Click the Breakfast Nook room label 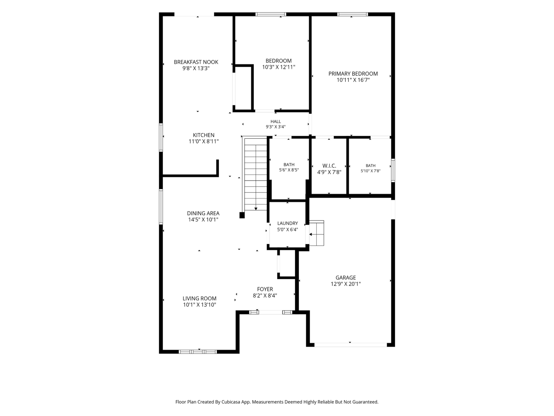[x=196, y=62]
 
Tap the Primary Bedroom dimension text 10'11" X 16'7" [x=353, y=80]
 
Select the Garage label [x=346, y=278]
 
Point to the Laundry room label [x=288, y=223]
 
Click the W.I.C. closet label [x=329, y=166]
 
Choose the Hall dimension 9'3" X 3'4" [x=276, y=127]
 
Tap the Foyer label [x=265, y=289]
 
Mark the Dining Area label [x=203, y=213]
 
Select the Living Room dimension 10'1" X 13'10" [x=199, y=305]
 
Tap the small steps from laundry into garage [x=317, y=233]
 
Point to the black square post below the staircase [x=242, y=215]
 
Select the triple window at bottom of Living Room [x=198, y=352]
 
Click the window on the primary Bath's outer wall [x=393, y=170]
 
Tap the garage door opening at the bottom [x=351, y=345]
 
